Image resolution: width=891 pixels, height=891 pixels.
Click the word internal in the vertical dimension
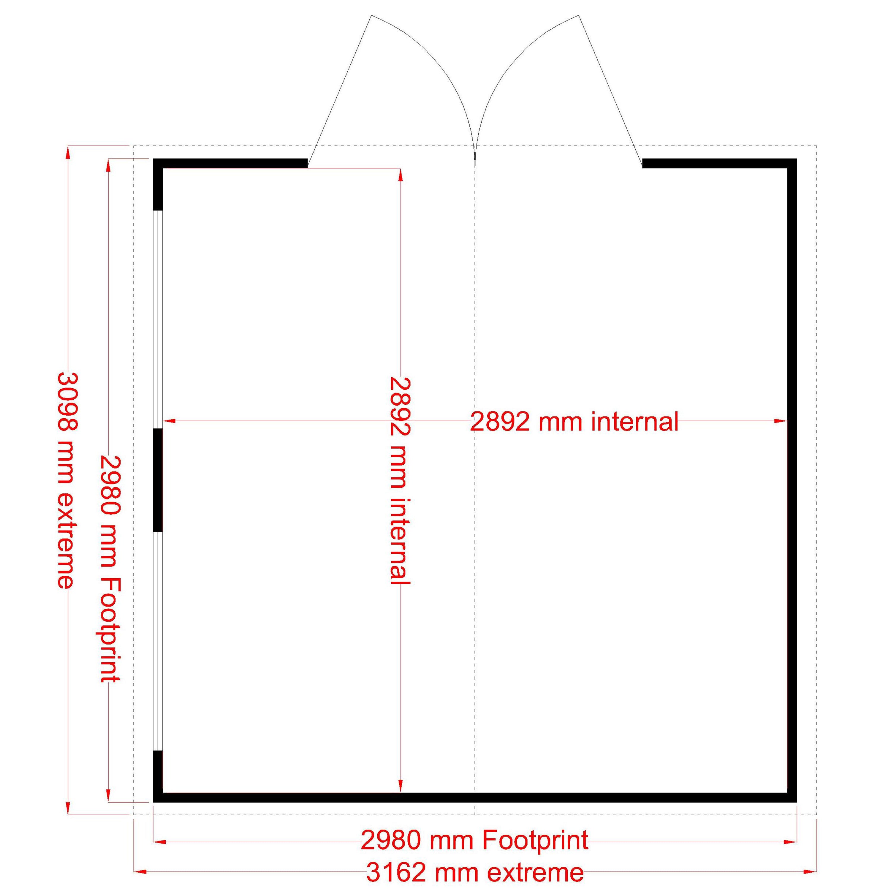399,540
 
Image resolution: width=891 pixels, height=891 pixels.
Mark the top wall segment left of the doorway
230,164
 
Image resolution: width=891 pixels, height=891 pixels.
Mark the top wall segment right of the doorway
719,164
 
